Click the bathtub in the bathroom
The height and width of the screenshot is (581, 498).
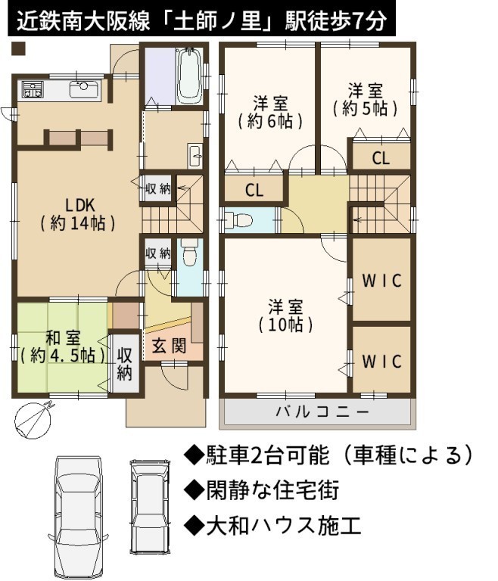pos(189,76)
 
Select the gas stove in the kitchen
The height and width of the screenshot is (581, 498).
pos(33,89)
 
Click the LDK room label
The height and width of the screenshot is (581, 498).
pos(78,214)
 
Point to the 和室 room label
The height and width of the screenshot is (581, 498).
pos(63,346)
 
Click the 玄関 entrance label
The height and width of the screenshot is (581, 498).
pos(169,346)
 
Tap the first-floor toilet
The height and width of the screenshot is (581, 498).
pos(189,252)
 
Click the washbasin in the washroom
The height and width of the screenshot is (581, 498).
pos(195,155)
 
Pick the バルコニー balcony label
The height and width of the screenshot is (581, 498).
pos(322,412)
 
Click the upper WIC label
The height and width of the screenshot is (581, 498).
pos(381,281)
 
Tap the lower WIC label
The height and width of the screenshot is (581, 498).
pos(381,362)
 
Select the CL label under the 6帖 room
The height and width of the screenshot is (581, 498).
pos(254,191)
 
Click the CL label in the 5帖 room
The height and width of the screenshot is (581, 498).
pos(381,159)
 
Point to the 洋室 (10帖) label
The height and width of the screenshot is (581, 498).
pos(285,315)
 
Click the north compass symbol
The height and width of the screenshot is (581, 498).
pos(33,419)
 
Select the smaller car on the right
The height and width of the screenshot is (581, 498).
pos(149,507)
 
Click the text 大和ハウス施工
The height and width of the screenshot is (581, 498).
pos(272,527)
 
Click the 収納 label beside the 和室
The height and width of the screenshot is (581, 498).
pos(125,364)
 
